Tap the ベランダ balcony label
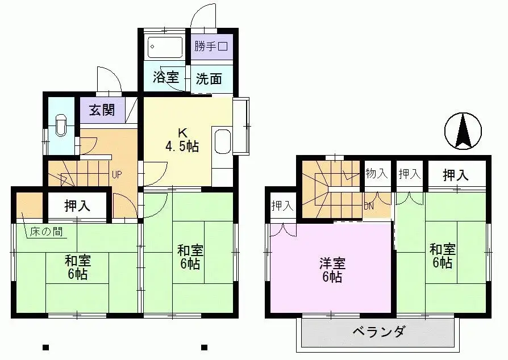pos(378,332)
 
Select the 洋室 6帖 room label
pos(330,270)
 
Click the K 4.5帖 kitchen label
pos(182,140)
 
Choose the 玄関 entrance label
pos(101,110)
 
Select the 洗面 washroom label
pos(209,79)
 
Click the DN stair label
pos(369,206)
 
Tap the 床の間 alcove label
pos(44,232)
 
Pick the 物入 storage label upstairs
pos(377,174)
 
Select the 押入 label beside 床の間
pos(77,206)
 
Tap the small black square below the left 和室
pos(45,348)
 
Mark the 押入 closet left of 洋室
pos(282,205)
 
